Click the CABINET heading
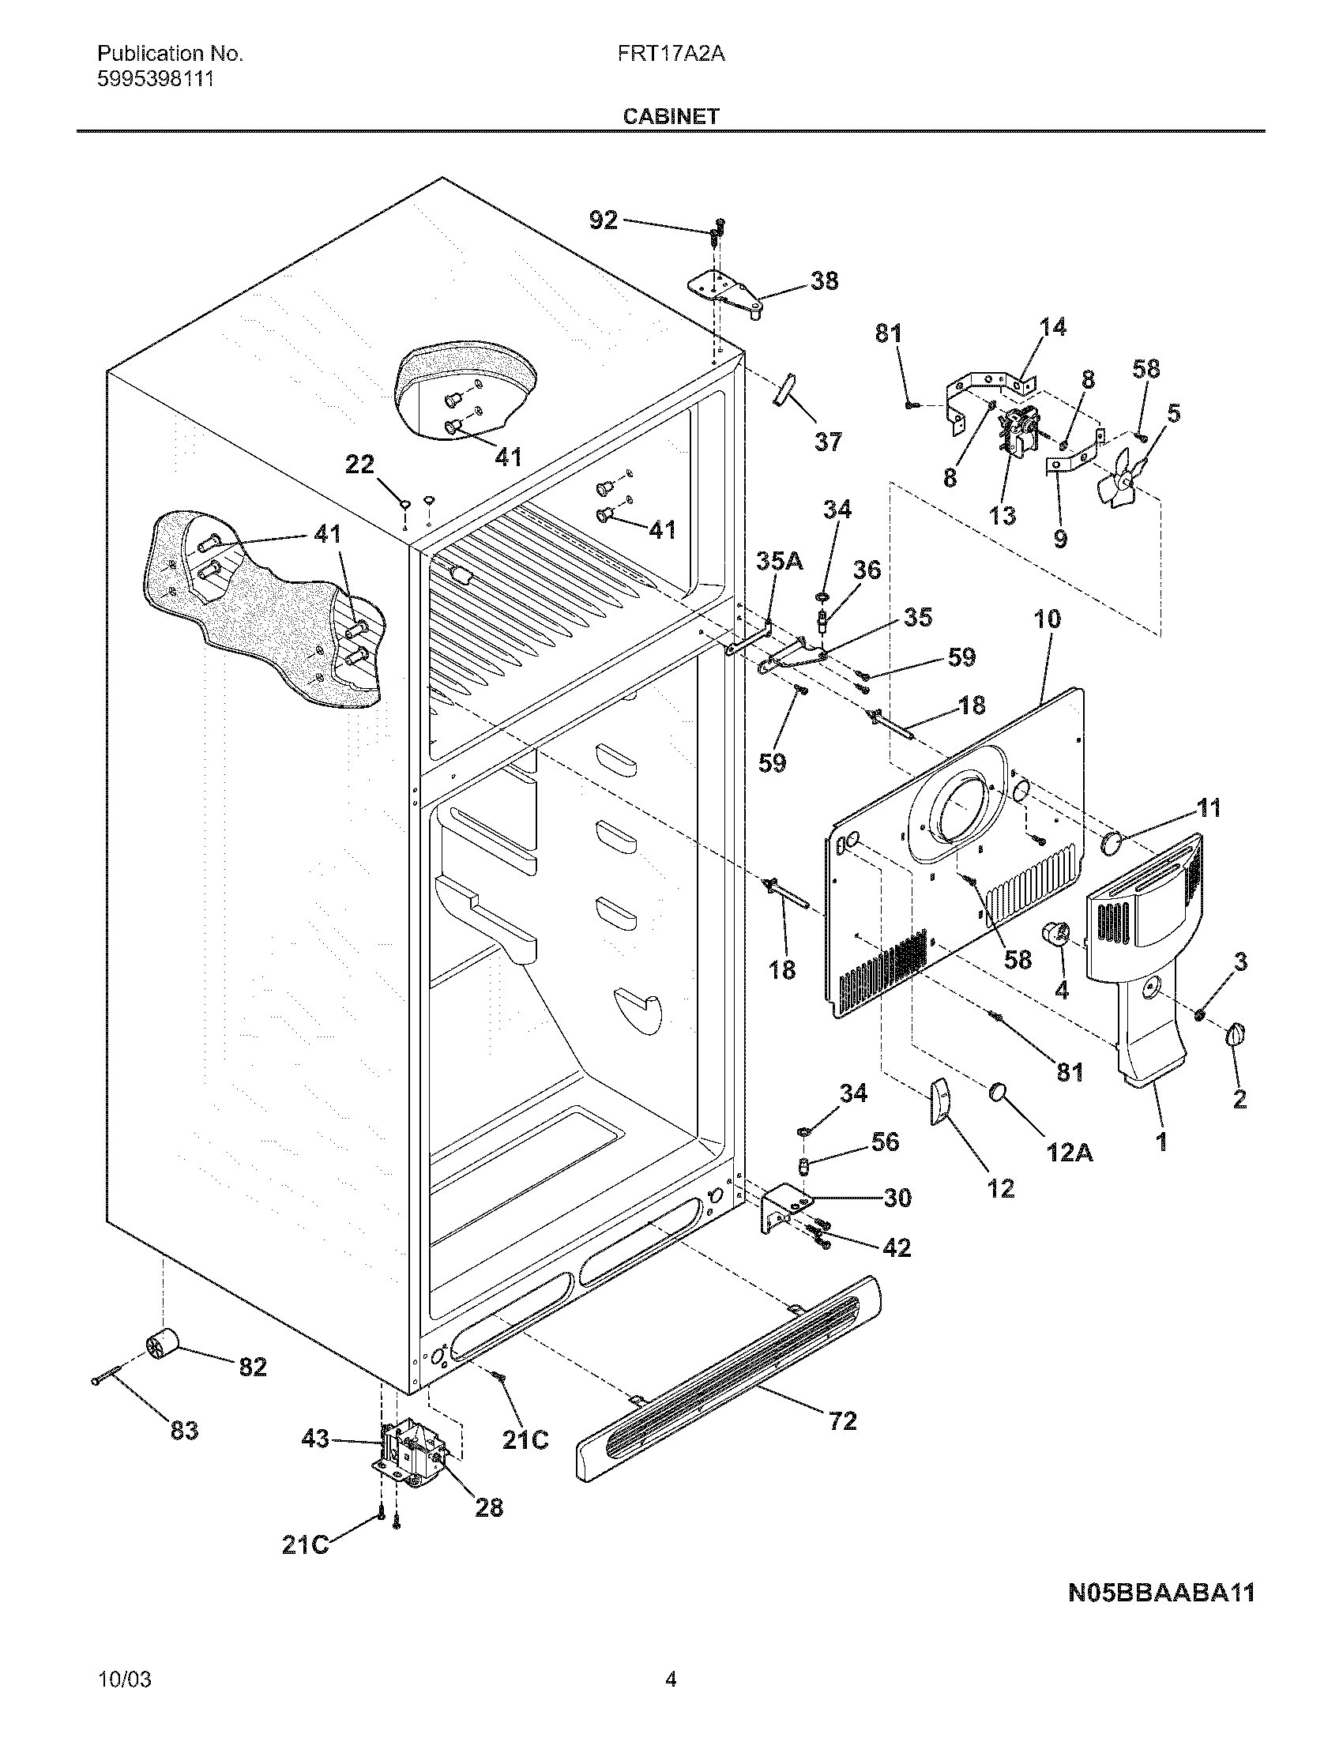[x=670, y=116]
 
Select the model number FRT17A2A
[x=670, y=54]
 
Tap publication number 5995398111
[x=155, y=80]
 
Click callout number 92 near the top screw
[x=603, y=220]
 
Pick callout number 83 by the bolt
[x=184, y=1431]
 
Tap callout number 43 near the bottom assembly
[x=316, y=1439]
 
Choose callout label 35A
[x=779, y=561]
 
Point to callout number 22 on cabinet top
[x=359, y=464]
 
